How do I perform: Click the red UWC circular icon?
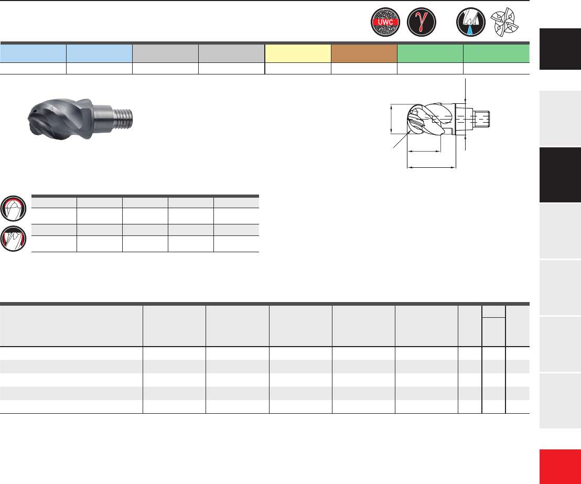(x=385, y=22)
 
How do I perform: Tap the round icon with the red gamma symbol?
(x=421, y=22)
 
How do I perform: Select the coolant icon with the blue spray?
(x=470, y=22)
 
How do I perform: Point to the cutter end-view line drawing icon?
(x=504, y=22)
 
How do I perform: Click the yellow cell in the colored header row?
(x=298, y=53)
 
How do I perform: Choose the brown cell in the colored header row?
(x=364, y=53)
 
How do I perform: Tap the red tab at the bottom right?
(x=560, y=467)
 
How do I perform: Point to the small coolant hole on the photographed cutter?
(x=34, y=111)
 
